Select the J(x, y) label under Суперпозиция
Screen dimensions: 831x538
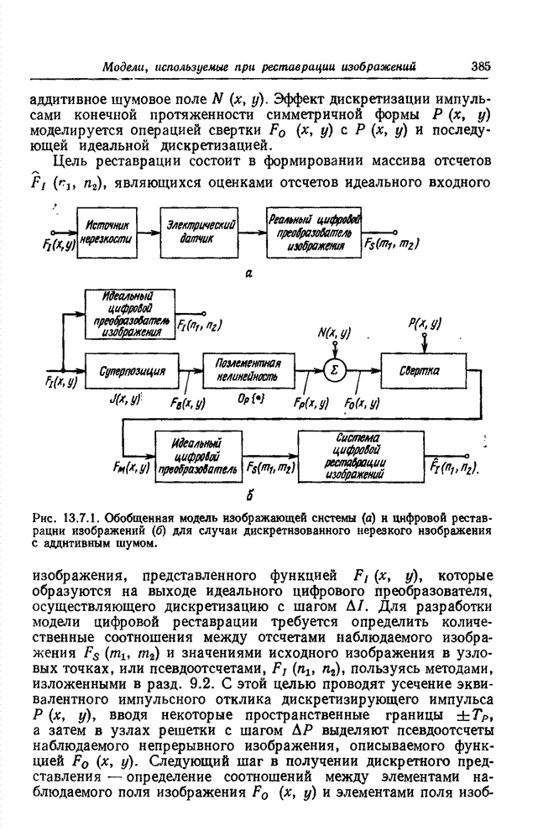pos(126,402)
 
